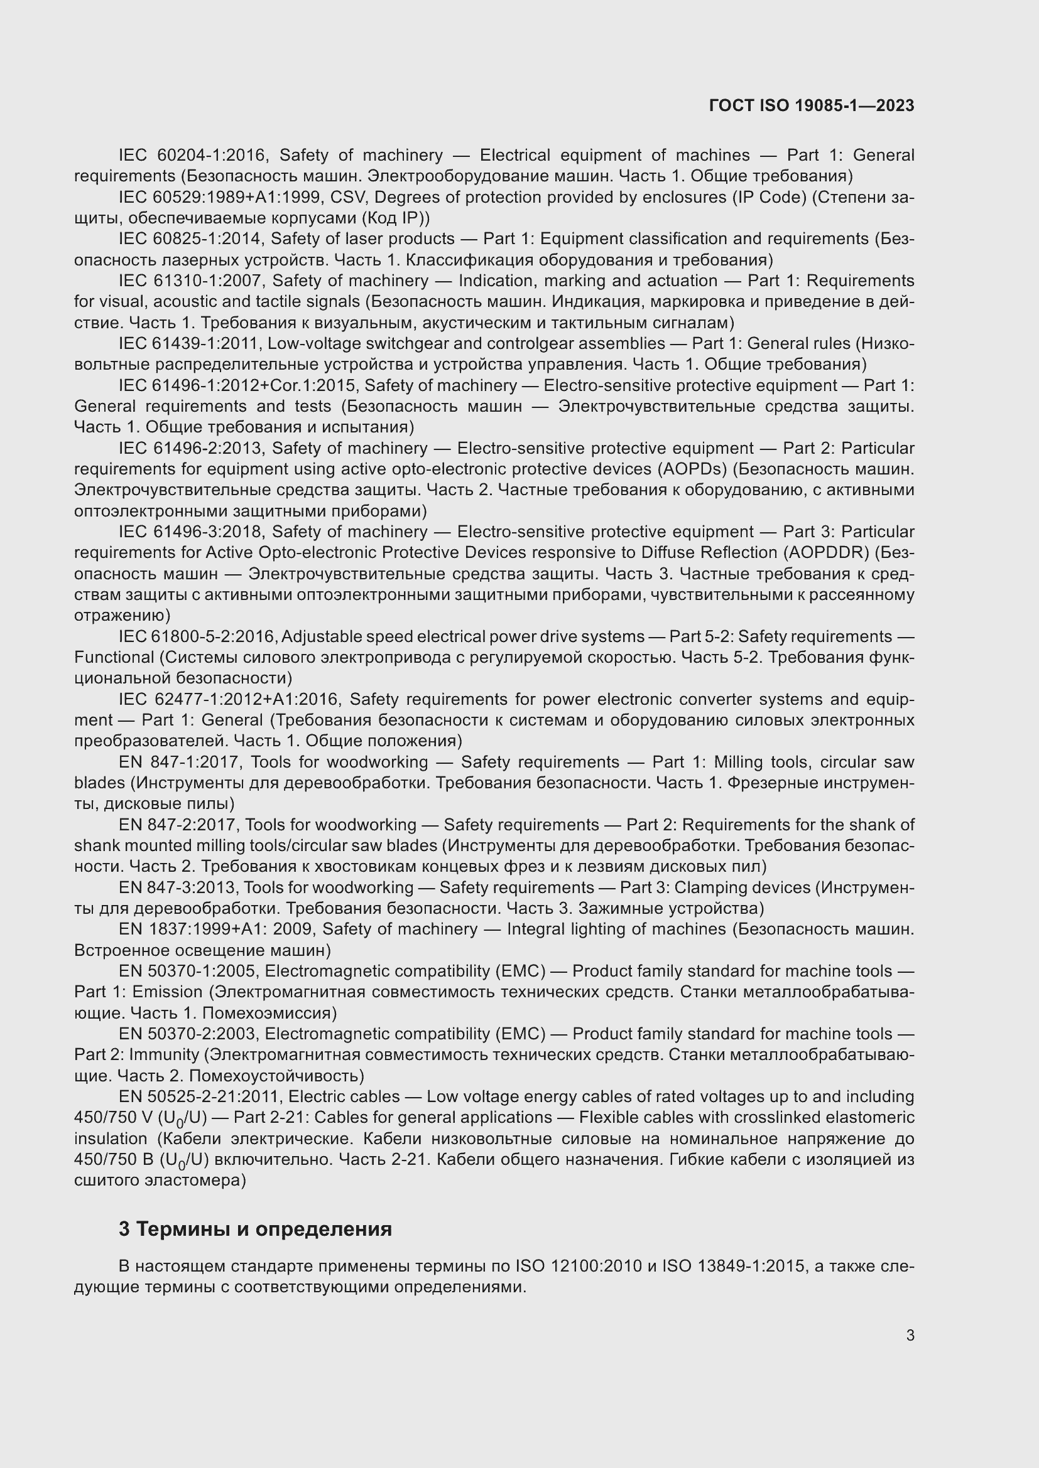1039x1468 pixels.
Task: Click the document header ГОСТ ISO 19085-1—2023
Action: pos(811,106)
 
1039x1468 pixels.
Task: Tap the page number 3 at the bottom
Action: pos(910,1335)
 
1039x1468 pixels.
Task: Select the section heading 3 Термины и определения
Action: pos(255,1228)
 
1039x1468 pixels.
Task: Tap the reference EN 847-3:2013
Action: pos(176,887)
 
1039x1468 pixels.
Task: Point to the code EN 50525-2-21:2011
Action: pos(199,1096)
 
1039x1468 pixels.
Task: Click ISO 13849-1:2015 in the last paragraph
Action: pos(733,1266)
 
